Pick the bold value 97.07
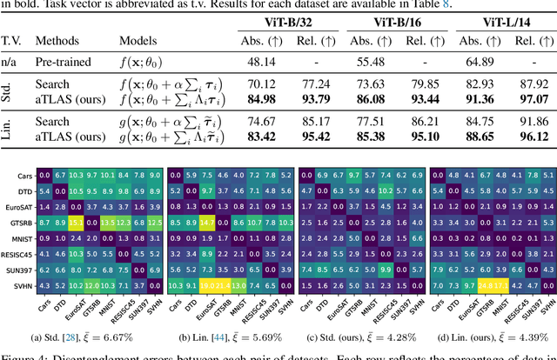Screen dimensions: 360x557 (x=528, y=98)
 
